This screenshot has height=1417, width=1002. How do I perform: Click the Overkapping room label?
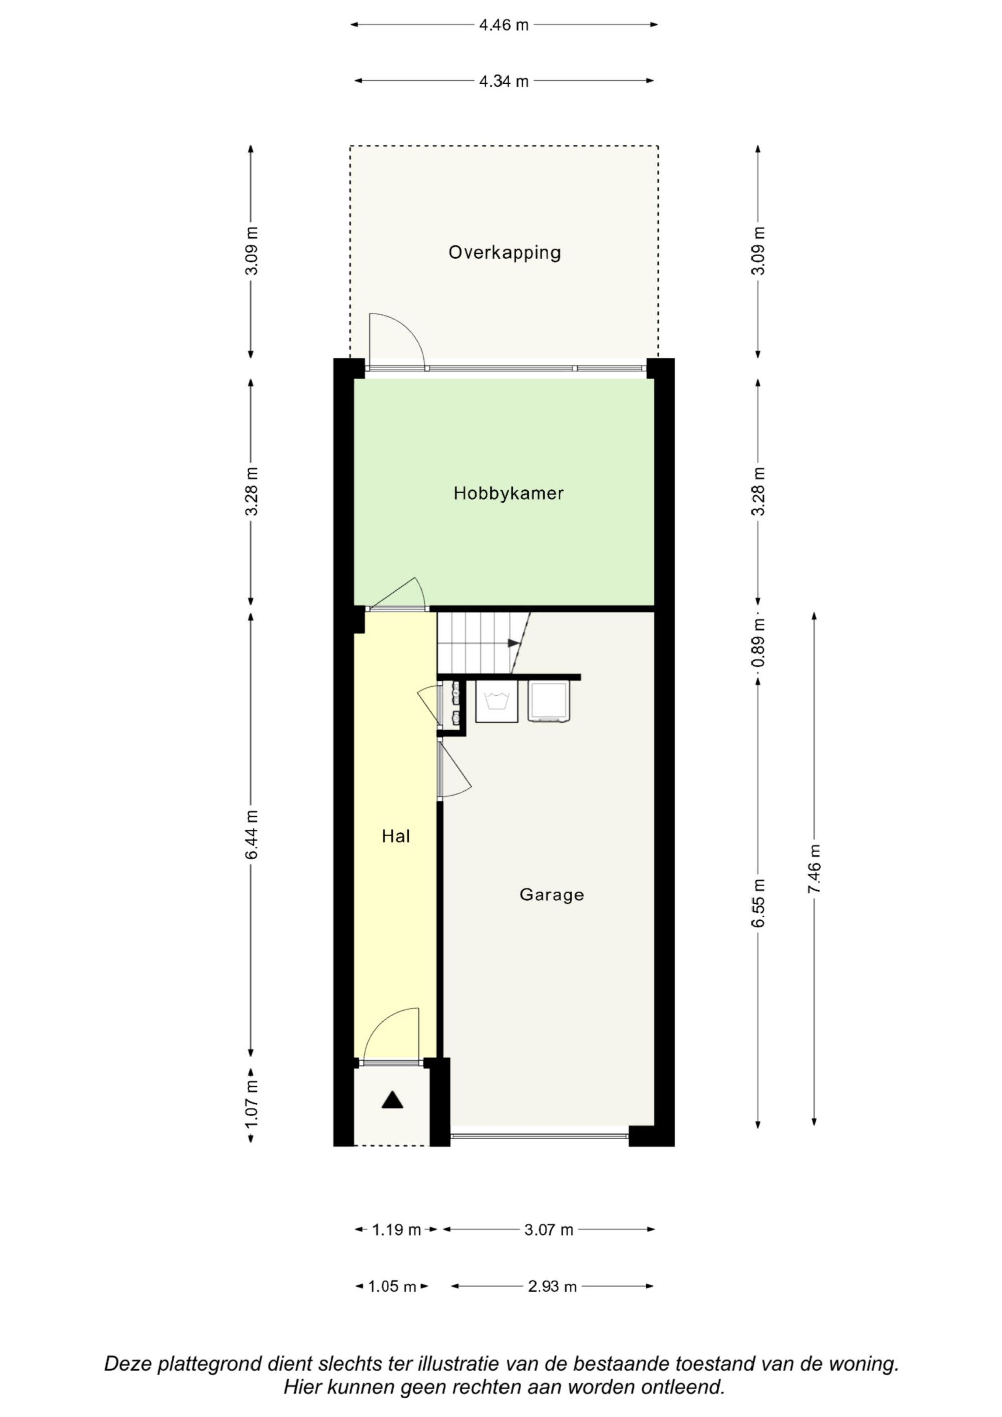(505, 253)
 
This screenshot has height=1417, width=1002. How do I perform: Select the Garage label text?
(551, 895)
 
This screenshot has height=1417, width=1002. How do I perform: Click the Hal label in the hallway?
(396, 836)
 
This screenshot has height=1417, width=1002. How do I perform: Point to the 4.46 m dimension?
(504, 25)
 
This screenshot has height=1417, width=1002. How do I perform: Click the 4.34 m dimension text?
(504, 81)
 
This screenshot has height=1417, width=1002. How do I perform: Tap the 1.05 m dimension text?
(392, 1287)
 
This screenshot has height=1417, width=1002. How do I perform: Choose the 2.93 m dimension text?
(552, 1287)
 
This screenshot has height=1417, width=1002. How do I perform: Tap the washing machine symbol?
(496, 701)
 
